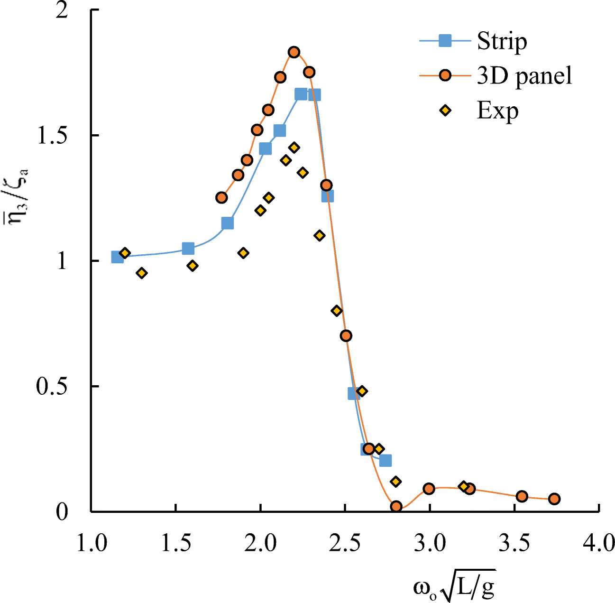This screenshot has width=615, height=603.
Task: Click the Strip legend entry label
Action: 502,41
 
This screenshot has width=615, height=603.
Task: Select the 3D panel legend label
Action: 524,75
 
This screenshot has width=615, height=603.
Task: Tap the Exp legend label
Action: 497,111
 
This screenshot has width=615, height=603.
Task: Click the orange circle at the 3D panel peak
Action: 294,52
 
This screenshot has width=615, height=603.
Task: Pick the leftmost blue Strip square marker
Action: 117,257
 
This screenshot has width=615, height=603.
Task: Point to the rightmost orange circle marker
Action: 554,499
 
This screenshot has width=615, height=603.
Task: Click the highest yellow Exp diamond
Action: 294,148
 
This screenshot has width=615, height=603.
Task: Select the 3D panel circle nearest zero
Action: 396,506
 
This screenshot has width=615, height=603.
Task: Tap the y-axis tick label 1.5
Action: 52,136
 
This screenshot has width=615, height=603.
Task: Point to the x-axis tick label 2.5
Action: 345,543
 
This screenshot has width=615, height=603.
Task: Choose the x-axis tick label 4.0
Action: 599,543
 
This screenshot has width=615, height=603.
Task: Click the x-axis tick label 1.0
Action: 92,543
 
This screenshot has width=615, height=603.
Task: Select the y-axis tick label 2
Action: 62,10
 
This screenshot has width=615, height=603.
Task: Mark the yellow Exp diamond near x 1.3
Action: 141,273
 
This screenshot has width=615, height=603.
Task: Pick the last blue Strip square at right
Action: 386,460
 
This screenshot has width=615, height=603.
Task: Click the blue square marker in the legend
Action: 445,41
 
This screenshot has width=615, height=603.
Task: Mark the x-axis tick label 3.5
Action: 514,543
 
